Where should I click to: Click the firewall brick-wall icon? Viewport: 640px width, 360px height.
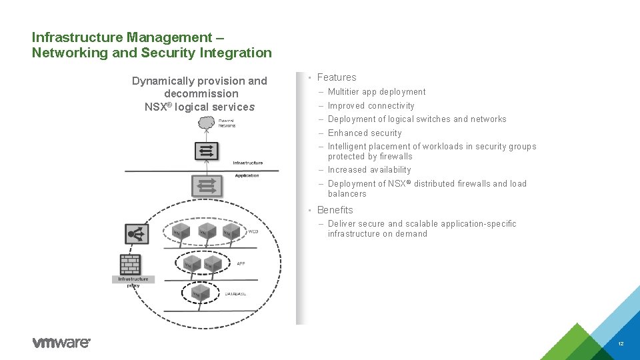click(x=130, y=265)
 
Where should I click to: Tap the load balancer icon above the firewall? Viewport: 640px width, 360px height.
click(x=137, y=233)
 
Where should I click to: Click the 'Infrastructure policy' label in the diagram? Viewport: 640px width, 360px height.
click(x=133, y=282)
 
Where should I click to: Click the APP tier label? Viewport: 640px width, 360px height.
click(x=241, y=263)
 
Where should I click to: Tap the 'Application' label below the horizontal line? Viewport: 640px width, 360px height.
click(x=247, y=175)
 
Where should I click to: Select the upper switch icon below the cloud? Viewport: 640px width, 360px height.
click(x=206, y=151)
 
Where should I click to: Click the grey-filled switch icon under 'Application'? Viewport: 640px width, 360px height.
click(x=207, y=186)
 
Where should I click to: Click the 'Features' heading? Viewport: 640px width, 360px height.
click(x=337, y=77)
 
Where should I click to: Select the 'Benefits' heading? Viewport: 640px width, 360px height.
click(x=335, y=210)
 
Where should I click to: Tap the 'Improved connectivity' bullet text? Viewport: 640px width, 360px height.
click(x=371, y=106)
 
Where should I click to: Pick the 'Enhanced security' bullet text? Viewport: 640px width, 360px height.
click(x=365, y=133)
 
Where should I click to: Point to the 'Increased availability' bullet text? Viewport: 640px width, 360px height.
click(x=369, y=170)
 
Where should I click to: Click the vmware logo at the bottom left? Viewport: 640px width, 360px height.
click(x=61, y=343)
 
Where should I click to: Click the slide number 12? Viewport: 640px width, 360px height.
click(x=621, y=344)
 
